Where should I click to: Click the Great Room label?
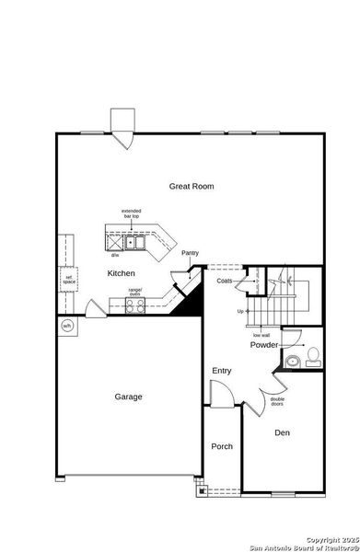click(191, 186)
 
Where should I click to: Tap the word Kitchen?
click(121, 273)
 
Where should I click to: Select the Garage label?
click(128, 397)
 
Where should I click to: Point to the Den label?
click(283, 431)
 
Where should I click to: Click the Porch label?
click(222, 446)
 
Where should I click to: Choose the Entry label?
click(222, 370)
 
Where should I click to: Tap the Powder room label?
click(264, 345)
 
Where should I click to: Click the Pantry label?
click(190, 253)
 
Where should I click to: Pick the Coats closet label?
click(225, 281)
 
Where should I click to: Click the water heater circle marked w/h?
click(66, 326)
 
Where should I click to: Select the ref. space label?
click(68, 278)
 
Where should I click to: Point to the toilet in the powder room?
click(312, 356)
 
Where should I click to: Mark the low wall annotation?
click(261, 335)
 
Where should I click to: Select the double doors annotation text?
click(277, 401)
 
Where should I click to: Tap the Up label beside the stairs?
click(241, 311)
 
